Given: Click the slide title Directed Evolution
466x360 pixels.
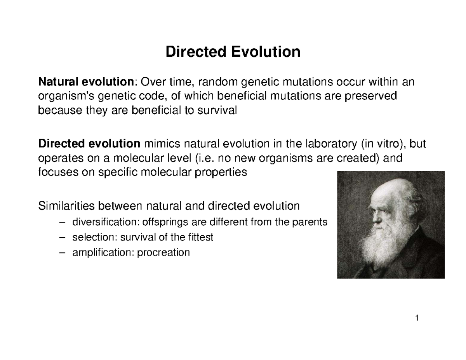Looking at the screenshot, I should coord(233,52).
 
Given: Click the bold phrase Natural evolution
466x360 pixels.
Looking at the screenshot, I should coord(85,82).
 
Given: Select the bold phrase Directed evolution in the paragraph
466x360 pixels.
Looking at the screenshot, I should coord(89,144).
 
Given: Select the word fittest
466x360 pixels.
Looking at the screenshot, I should coord(199,237).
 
